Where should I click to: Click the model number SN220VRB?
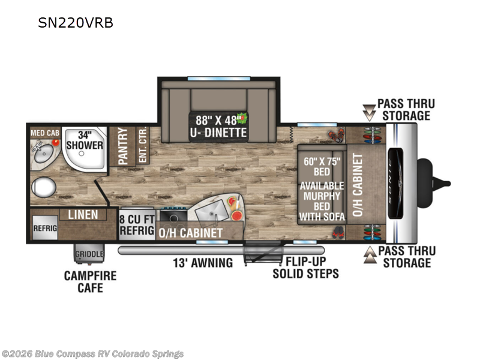(76, 23)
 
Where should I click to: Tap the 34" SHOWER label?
(85, 140)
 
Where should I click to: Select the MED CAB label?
(44, 132)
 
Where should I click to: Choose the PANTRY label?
(123, 146)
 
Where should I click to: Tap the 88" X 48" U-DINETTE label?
(218, 125)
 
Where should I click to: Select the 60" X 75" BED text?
(323, 166)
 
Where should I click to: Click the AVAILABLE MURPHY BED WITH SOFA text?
(322, 201)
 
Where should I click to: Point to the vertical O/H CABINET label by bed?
(358, 184)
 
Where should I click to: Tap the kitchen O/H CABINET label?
(190, 232)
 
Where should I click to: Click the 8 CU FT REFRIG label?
(137, 224)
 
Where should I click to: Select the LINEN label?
(83, 214)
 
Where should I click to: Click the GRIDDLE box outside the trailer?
(89, 254)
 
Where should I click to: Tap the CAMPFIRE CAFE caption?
(90, 282)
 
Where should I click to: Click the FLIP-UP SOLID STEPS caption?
(305, 268)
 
